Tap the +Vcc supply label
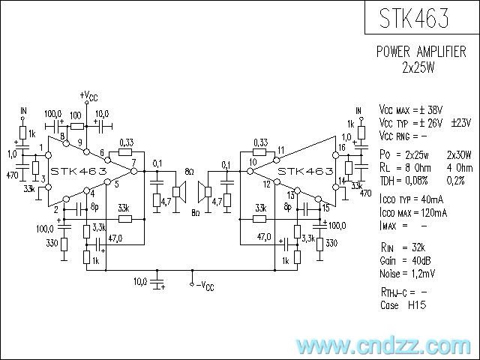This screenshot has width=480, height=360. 88,95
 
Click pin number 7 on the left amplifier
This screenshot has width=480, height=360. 133,162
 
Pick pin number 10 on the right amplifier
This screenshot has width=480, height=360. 253,162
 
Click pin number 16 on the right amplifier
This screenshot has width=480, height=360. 342,148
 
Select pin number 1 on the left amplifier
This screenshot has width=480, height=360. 42,146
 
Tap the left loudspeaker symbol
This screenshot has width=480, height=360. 179,192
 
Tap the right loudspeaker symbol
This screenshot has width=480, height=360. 203,192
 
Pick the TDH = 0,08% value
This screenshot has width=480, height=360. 407,180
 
